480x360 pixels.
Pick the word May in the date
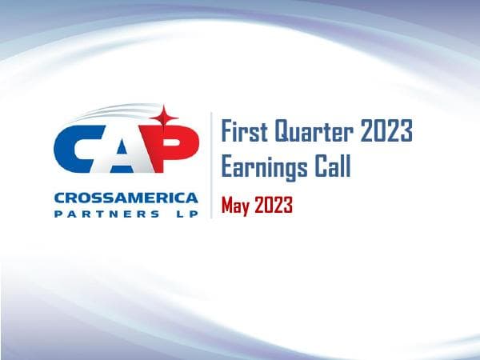point(237,206)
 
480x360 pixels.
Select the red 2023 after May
point(274,206)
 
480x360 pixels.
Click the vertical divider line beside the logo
point(211,165)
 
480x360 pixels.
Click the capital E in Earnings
point(227,167)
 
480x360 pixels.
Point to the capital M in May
point(228,206)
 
